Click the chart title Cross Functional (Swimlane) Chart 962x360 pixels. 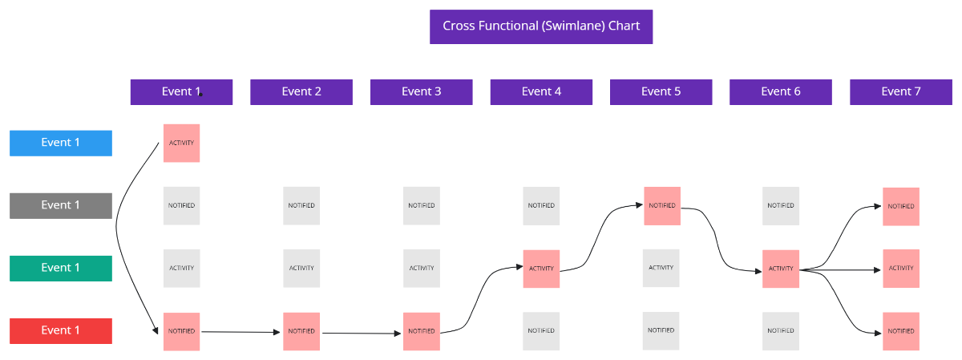point(541,26)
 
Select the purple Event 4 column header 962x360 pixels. point(541,92)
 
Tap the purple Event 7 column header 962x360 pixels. point(900,92)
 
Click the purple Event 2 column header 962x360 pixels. point(301,92)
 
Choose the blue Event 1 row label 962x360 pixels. point(61,143)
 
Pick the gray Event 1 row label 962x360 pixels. point(61,205)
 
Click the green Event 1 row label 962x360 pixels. point(61,268)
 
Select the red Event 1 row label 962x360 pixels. point(61,330)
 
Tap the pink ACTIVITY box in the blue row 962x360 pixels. point(181,143)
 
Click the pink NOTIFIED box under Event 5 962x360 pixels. point(662,205)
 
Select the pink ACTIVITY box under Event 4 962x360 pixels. point(541,269)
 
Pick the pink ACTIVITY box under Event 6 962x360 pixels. point(781,269)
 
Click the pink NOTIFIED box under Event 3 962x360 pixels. point(421,331)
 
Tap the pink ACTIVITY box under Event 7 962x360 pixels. point(901,269)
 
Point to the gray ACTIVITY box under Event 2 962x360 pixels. point(301,268)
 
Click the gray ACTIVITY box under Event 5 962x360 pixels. point(661,268)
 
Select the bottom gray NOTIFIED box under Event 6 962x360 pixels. point(781,330)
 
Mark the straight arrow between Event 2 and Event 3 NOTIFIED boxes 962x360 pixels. point(361,333)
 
